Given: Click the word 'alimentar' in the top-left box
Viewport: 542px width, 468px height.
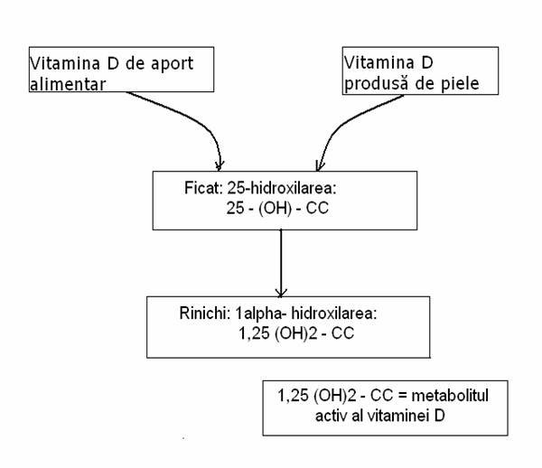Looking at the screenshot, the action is [68, 84].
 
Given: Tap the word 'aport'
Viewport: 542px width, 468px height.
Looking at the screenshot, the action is [172, 64].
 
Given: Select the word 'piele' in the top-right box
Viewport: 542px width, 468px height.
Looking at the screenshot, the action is [460, 84].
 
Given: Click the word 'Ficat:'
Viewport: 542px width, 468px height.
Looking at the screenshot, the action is [203, 188].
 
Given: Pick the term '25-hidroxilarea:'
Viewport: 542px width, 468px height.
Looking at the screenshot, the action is [282, 188].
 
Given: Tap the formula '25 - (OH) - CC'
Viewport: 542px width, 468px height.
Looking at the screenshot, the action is [277, 208].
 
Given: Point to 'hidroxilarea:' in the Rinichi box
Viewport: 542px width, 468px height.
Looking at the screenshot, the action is [334, 314].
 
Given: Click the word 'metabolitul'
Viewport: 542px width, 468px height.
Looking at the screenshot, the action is [450, 396].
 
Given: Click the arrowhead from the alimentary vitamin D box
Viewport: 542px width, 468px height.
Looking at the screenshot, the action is [220, 166].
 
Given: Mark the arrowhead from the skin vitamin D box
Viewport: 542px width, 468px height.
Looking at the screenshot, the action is [319, 166].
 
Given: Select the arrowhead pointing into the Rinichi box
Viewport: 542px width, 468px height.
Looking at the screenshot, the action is [281, 293].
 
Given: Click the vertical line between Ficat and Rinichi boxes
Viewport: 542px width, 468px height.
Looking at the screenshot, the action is [281, 263].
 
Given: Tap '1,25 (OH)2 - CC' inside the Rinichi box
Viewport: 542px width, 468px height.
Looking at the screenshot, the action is [296, 333].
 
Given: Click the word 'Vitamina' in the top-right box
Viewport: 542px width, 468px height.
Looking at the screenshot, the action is [379, 62].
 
